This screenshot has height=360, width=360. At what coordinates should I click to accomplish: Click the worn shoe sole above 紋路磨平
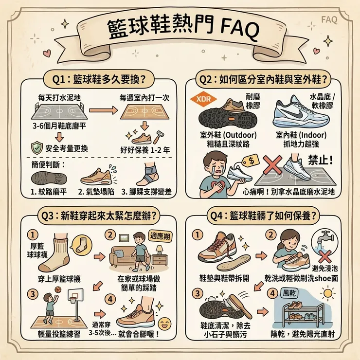tap(46, 176)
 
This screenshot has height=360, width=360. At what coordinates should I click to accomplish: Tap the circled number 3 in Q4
tap(197, 293)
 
